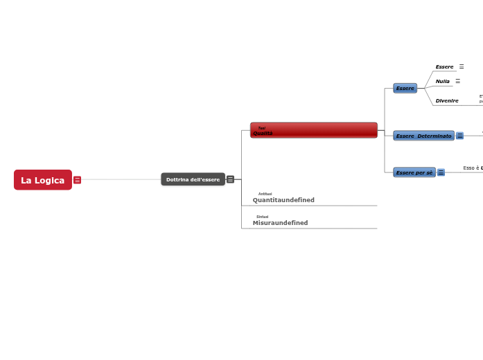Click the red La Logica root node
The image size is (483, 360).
point(43,180)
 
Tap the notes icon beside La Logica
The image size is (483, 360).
point(77,180)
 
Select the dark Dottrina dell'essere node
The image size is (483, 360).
point(193,179)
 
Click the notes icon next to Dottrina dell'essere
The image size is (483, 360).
point(230,179)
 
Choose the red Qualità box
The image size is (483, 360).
point(313,131)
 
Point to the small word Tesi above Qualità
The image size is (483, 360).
point(261,128)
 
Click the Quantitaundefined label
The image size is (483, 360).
point(283,200)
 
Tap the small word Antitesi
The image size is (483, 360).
point(265,194)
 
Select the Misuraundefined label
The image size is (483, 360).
point(280,223)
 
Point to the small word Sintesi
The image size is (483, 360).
point(262,217)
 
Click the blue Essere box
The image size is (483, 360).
point(405,89)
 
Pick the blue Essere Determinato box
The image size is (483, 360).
point(423,136)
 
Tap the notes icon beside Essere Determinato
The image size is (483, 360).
point(459,136)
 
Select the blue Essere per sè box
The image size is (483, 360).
point(414,172)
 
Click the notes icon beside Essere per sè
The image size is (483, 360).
point(441,172)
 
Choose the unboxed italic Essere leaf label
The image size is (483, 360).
point(444,67)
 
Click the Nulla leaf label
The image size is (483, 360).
point(442,82)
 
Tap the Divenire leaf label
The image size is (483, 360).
point(447,101)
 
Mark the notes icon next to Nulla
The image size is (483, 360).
point(457,81)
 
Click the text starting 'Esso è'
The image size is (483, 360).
point(473,168)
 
